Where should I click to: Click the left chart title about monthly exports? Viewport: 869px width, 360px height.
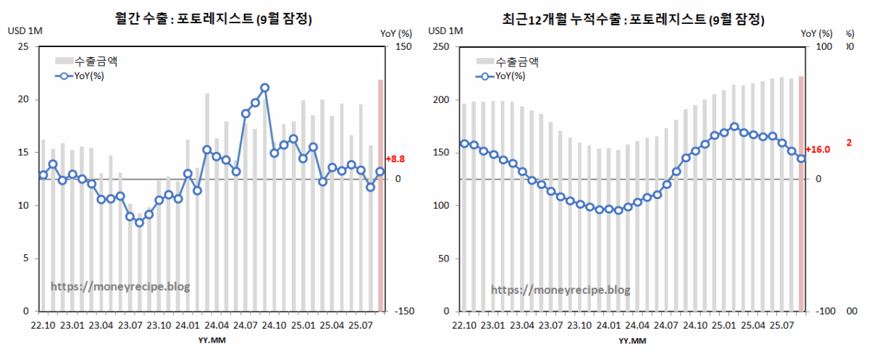click(214, 20)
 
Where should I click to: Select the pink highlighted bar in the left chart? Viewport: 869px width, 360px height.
click(380, 196)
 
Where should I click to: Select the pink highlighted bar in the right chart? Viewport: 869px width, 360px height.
click(801, 194)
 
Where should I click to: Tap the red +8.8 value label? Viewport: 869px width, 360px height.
click(395, 159)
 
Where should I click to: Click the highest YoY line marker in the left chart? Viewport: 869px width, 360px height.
click(265, 88)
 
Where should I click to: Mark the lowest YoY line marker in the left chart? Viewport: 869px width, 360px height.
click(139, 222)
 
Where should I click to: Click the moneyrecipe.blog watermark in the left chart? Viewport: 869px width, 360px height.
click(120, 287)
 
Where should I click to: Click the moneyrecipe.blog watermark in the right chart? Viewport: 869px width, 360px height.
click(561, 290)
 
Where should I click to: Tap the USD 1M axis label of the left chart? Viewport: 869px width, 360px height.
click(25, 31)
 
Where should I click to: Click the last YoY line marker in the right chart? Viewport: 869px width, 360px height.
click(801, 159)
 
